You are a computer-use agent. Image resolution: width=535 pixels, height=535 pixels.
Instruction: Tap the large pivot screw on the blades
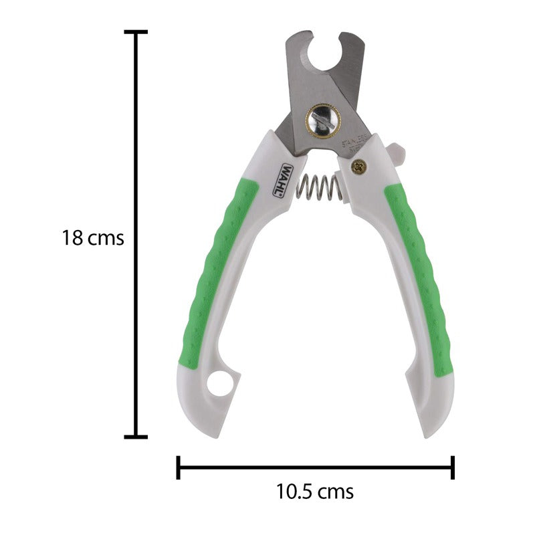point(323,120)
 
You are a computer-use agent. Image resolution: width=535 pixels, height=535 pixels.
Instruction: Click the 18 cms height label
point(93,237)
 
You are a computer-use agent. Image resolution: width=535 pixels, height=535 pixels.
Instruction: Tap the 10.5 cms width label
point(315,492)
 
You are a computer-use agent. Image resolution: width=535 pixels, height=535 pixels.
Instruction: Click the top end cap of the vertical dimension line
point(136,31)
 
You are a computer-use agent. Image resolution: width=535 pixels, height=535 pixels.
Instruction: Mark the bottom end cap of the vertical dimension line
point(136,437)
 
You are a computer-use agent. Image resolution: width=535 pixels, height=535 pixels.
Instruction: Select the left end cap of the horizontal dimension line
point(178,467)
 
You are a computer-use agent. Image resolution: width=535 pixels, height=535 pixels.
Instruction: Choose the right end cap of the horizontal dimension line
point(453,467)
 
